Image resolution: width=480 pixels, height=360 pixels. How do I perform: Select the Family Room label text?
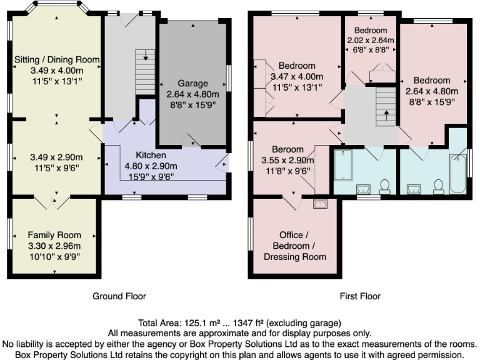tap(54, 234)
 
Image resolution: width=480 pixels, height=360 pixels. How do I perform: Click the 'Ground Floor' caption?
tap(119, 296)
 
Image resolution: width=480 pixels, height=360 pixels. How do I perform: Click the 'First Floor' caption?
tap(360, 296)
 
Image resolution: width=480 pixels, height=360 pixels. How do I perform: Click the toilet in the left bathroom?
tap(385, 186)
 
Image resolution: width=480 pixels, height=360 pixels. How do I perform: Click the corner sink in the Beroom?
tap(321, 202)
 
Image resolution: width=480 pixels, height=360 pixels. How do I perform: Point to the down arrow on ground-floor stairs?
tap(146, 57)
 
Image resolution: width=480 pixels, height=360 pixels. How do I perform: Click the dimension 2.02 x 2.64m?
tap(371, 41)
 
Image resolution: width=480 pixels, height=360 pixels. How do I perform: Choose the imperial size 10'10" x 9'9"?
tap(54, 256)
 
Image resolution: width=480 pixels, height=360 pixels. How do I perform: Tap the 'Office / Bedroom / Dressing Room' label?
tap(295, 246)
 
